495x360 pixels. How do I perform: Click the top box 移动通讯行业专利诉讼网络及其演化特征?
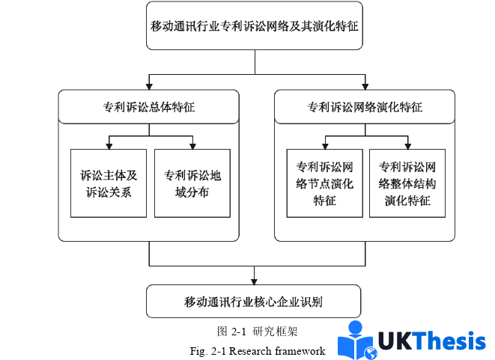255,26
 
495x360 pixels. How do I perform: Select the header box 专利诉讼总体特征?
149,107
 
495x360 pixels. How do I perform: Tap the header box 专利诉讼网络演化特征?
365,107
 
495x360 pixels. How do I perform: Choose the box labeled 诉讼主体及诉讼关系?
109,183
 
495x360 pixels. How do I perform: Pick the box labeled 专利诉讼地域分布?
192,183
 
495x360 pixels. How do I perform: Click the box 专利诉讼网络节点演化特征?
324,183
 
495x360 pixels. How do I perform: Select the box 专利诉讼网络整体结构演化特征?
407,183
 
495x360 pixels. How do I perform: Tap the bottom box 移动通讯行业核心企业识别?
255,302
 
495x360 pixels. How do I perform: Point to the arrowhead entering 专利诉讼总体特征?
149,85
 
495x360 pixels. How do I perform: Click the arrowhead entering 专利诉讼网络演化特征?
365,85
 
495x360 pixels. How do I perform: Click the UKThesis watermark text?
431,341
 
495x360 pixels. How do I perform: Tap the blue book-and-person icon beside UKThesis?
356,341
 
